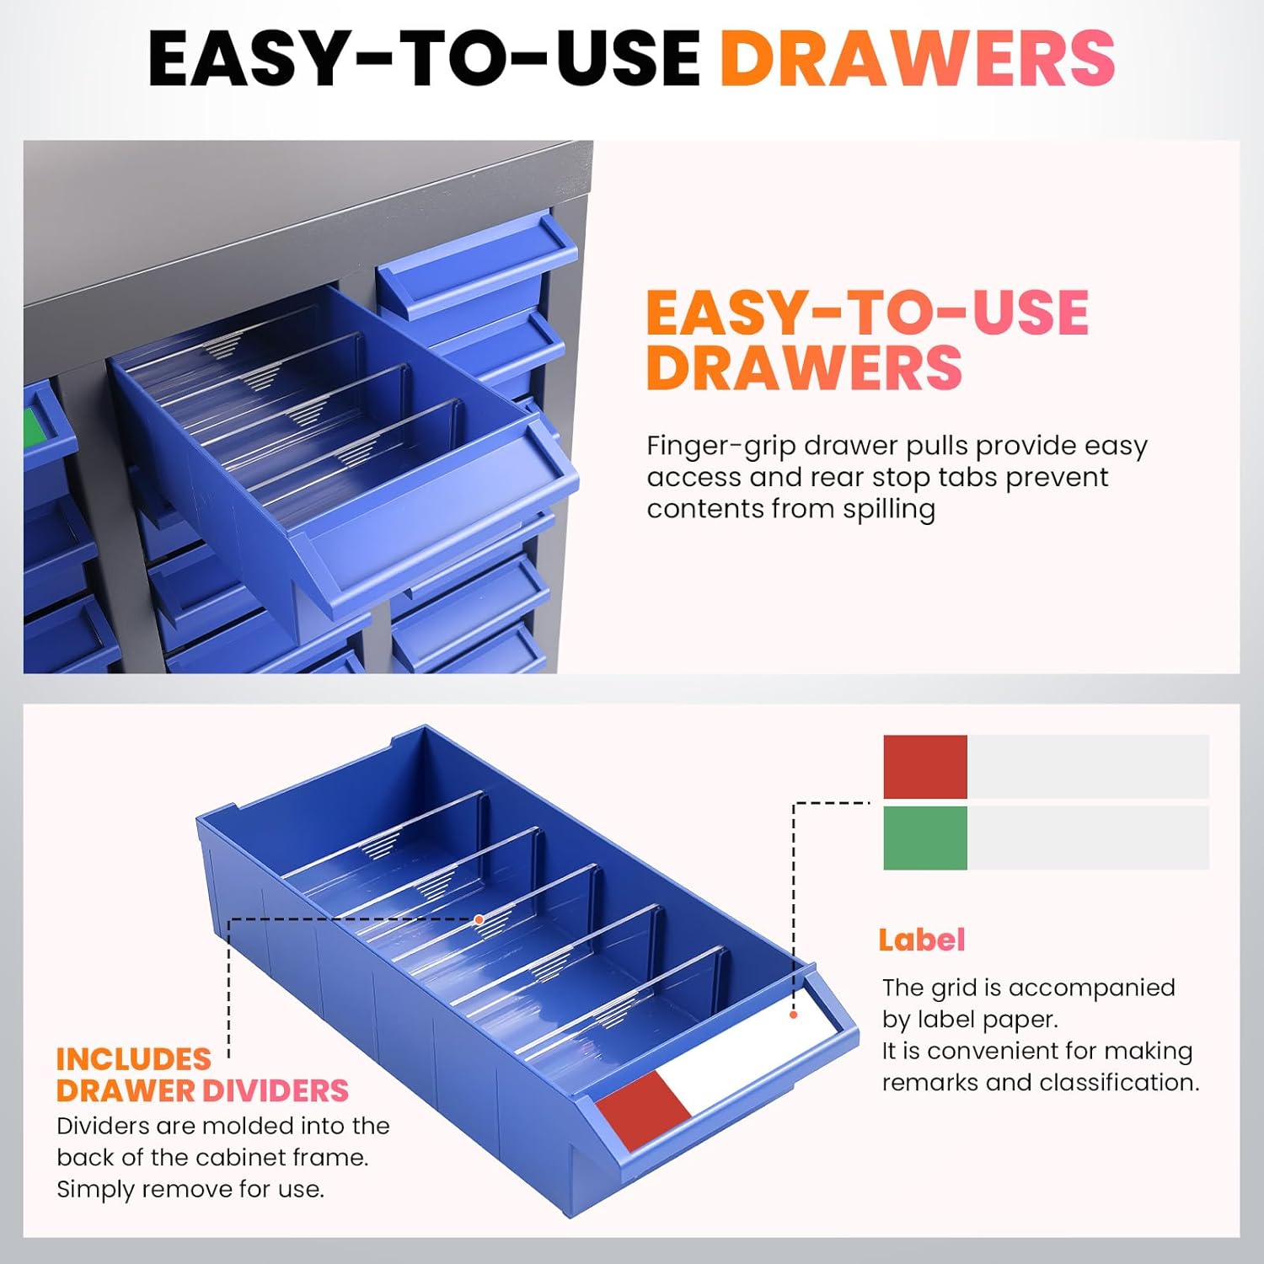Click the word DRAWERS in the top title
click(918, 57)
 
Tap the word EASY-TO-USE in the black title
click(424, 57)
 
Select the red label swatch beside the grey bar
click(924, 767)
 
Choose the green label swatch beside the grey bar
click(924, 838)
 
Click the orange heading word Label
click(921, 940)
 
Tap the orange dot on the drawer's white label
click(794, 1015)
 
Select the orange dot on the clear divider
click(479, 919)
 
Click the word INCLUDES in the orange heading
click(134, 1059)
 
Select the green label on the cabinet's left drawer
click(34, 426)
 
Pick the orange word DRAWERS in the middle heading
click(805, 367)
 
